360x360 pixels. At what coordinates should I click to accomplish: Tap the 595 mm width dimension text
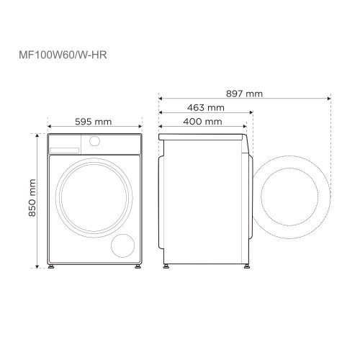[x=93, y=122]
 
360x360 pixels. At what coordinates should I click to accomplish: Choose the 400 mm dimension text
[x=202, y=122]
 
